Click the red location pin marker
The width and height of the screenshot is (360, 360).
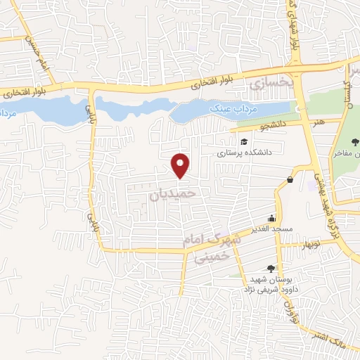click(181, 165)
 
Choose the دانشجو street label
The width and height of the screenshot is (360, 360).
click(255, 127)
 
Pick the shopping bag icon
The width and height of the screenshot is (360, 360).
click(290, 181)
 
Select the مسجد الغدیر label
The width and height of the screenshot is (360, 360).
click(269, 230)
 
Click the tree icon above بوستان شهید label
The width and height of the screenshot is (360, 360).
click(271, 268)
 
